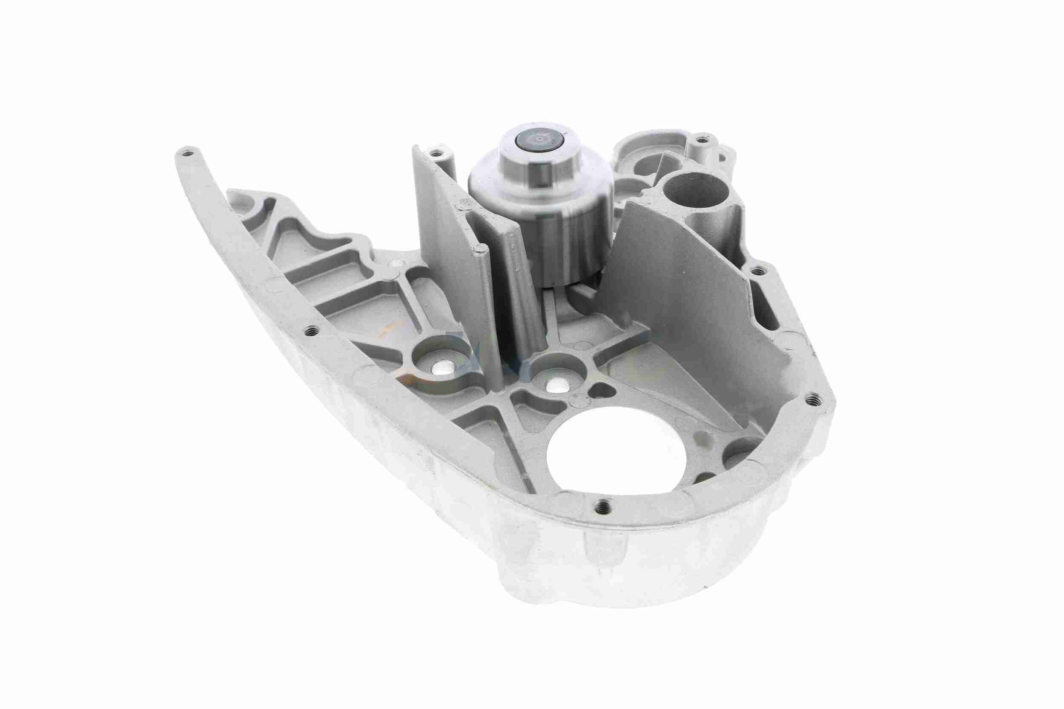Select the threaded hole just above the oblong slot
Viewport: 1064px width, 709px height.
[x=756, y=270]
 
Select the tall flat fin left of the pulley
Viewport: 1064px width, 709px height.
[x=446, y=226]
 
